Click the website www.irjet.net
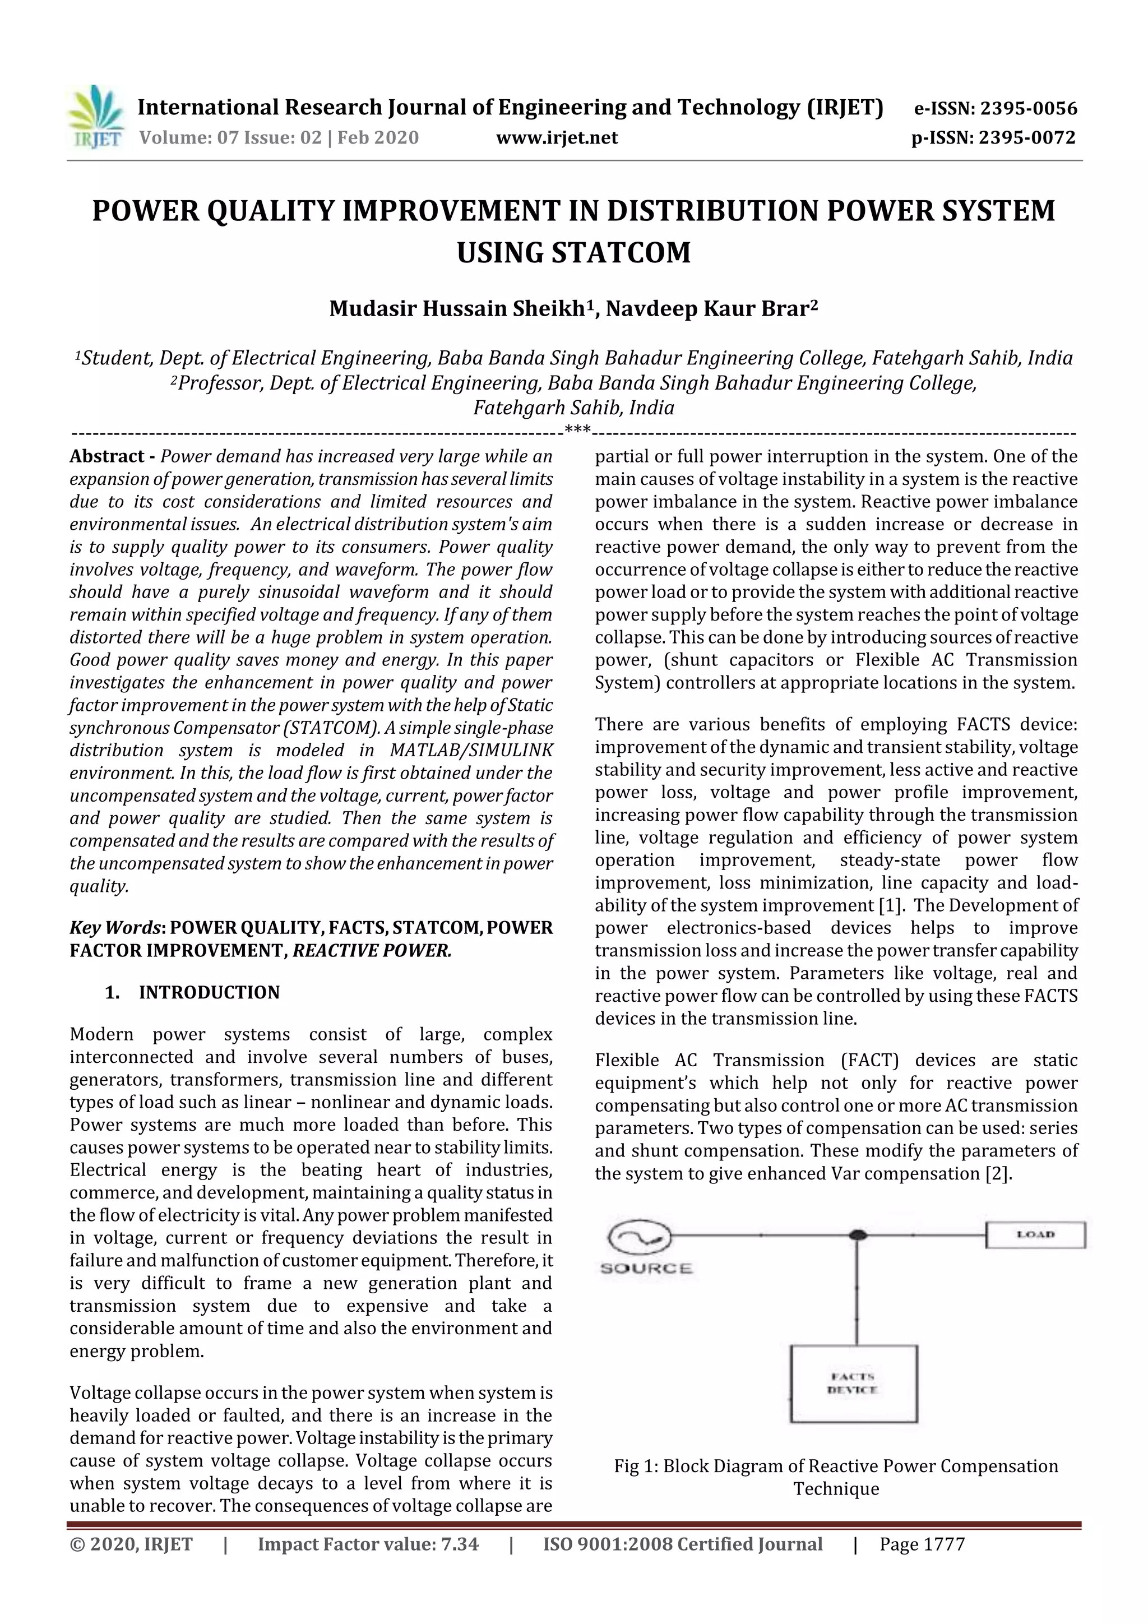557,137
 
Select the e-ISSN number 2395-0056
1027,108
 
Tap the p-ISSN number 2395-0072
1027,137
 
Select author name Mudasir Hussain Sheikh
457,309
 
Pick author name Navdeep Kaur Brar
707,309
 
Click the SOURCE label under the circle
646,1268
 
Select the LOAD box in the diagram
1035,1235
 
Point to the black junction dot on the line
857,1235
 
